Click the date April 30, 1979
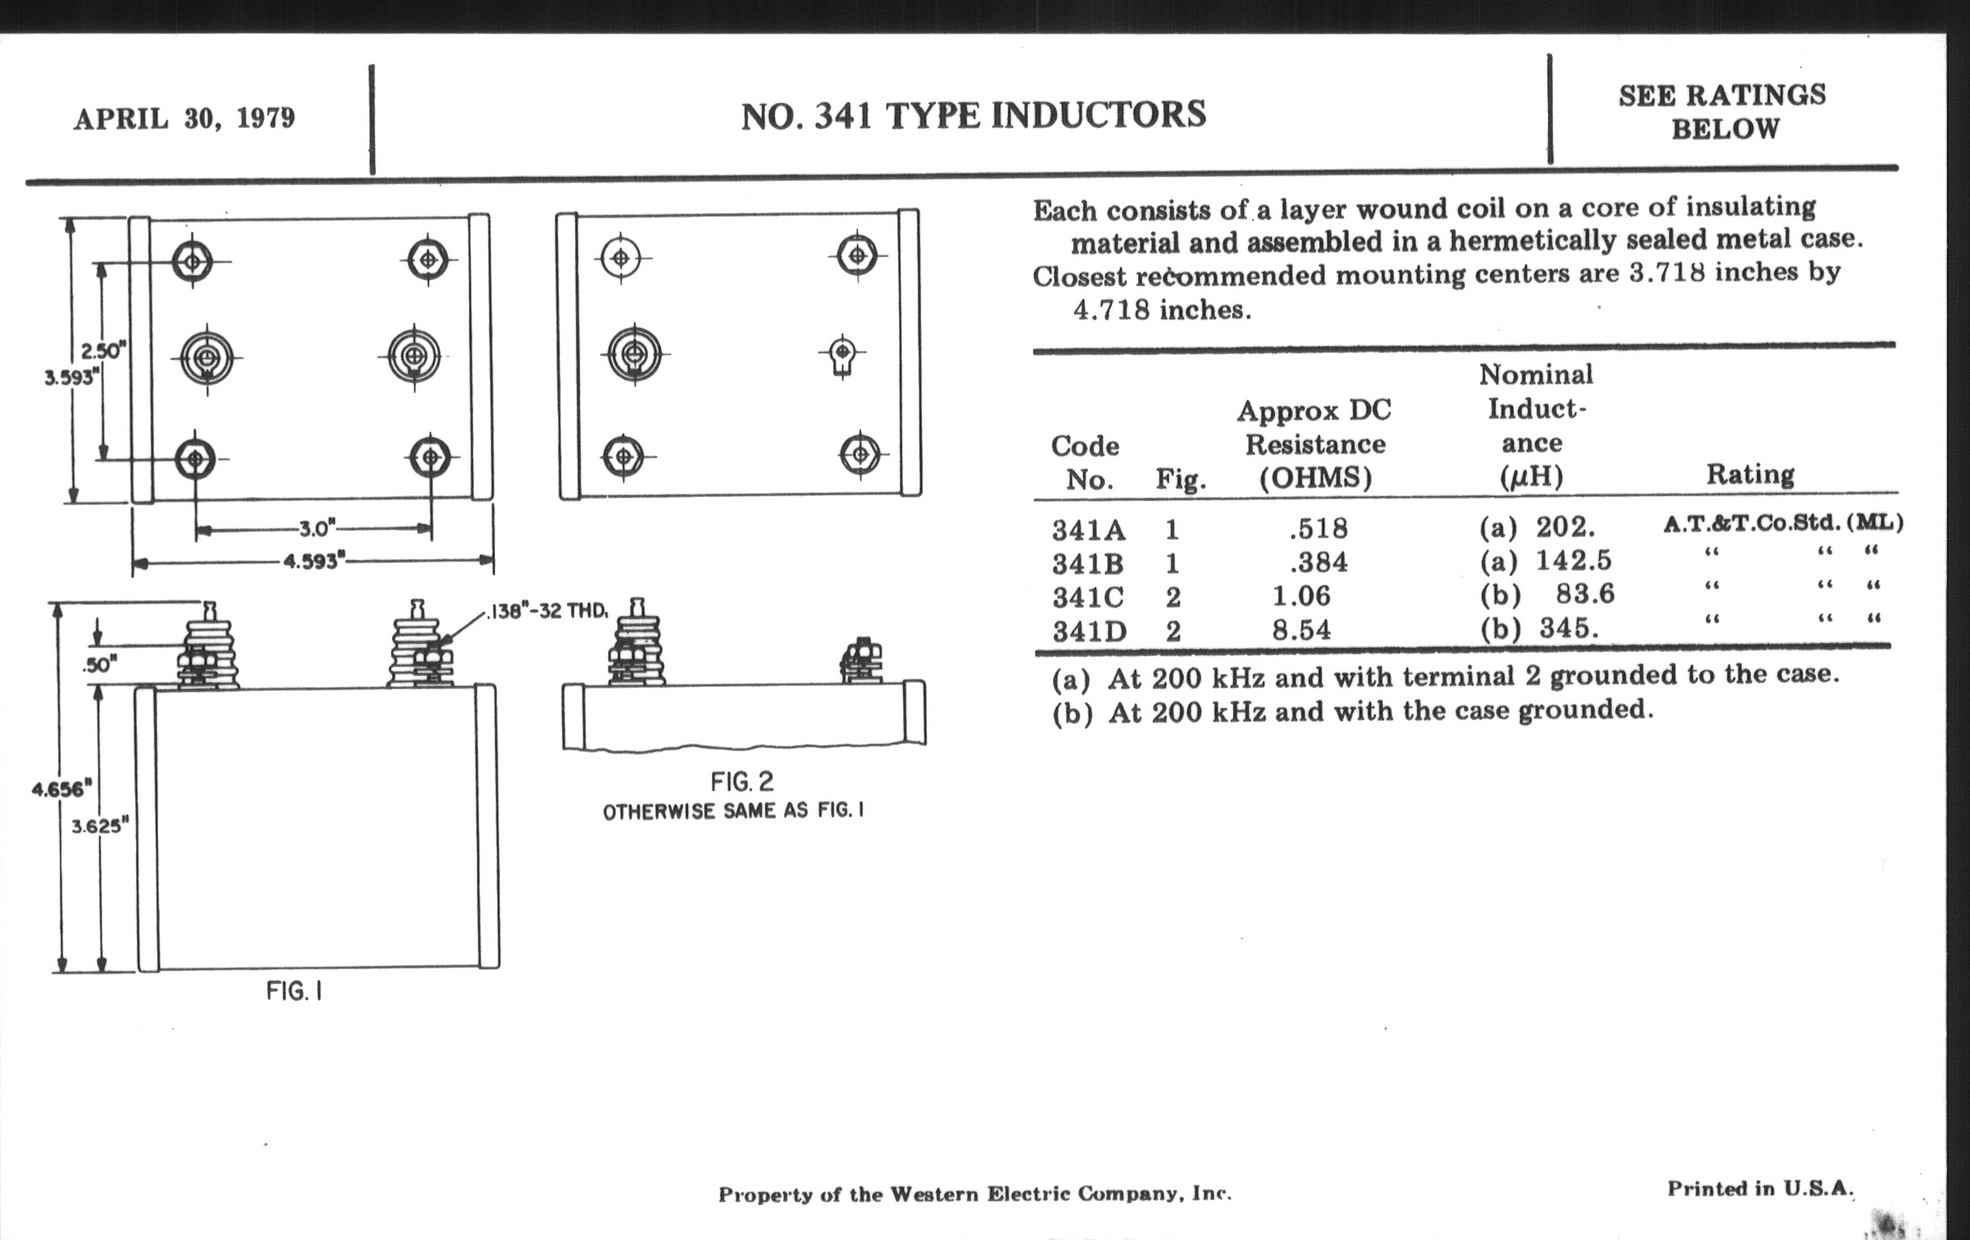tap(184, 118)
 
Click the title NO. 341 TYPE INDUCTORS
tap(973, 114)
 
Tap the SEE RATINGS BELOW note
tap(1723, 112)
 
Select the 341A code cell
tap(1089, 530)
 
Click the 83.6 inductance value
tap(1584, 593)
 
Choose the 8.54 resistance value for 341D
tap(1301, 630)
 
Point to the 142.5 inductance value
tap(1573, 561)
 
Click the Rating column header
tap(1750, 474)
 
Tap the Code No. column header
tap(1085, 463)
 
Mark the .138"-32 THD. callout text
tap(548, 611)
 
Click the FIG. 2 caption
tap(741, 781)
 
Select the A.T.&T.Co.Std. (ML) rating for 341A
tap(1783, 523)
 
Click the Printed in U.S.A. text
tap(1759, 1188)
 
